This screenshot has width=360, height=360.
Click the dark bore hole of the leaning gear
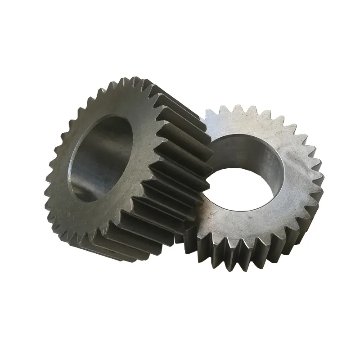pyautogui.click(x=101, y=155)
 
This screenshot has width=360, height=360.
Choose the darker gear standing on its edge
pyautogui.click(x=117, y=171)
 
